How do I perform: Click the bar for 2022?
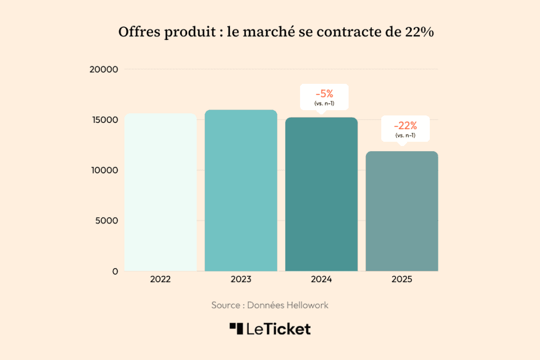point(160,192)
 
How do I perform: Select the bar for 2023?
point(240,190)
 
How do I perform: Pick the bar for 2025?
point(402,211)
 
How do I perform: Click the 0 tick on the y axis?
point(115,271)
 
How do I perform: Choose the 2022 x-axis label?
point(160,280)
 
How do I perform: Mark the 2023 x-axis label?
point(240,280)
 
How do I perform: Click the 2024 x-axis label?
point(321,280)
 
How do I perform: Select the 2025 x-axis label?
point(402,280)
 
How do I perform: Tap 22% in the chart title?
point(419,32)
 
